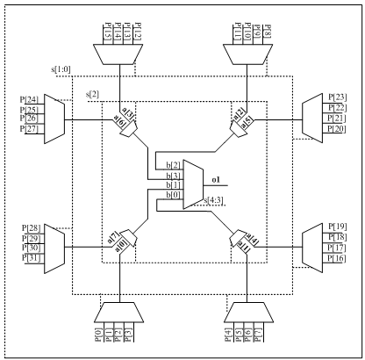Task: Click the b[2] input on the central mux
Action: (x=175, y=165)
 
